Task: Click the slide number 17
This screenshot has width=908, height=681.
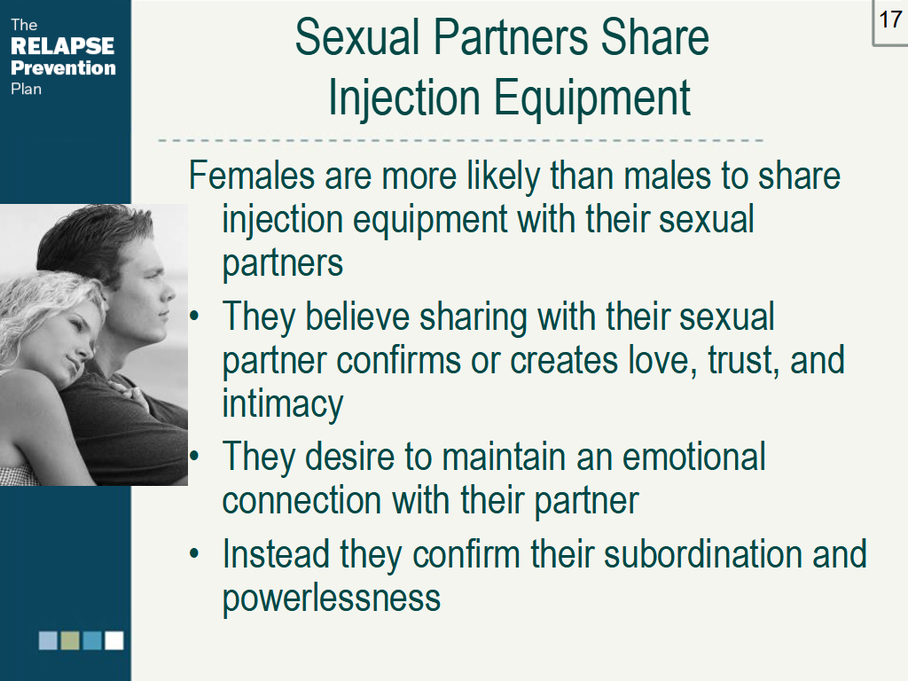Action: click(890, 20)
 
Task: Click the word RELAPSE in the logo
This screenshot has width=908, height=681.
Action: click(62, 46)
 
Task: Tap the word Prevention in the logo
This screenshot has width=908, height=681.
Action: click(63, 67)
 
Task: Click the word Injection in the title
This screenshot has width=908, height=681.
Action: click(403, 98)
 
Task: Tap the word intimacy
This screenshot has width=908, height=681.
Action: click(283, 404)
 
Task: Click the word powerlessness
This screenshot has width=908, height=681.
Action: click(331, 598)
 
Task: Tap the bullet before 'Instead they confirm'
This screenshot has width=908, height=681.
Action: click(196, 555)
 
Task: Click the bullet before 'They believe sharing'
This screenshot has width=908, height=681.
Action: click(196, 316)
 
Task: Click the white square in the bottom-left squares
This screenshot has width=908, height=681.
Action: click(113, 640)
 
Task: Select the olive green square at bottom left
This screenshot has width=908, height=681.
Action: click(70, 640)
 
